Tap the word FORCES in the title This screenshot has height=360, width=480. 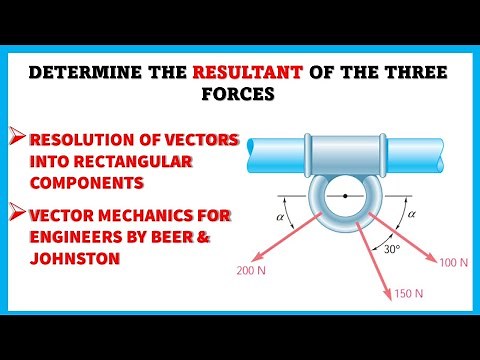tap(240, 98)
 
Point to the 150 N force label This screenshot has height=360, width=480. tap(406, 293)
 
